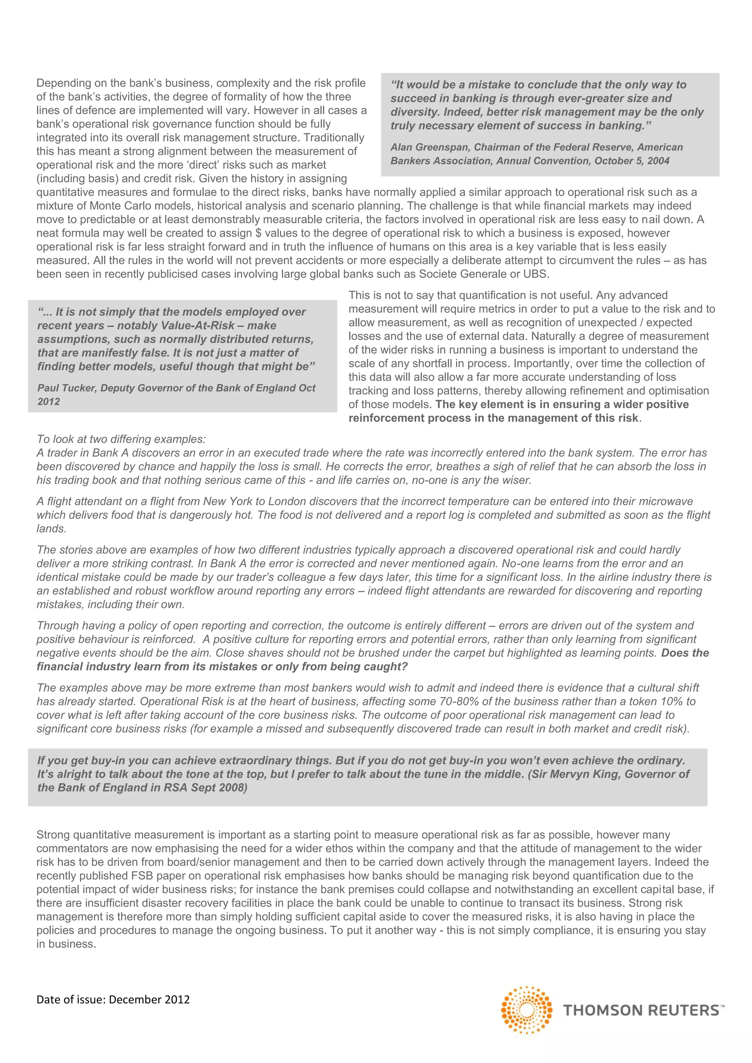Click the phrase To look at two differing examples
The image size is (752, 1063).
[121, 439]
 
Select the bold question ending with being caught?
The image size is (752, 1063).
[222, 667]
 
